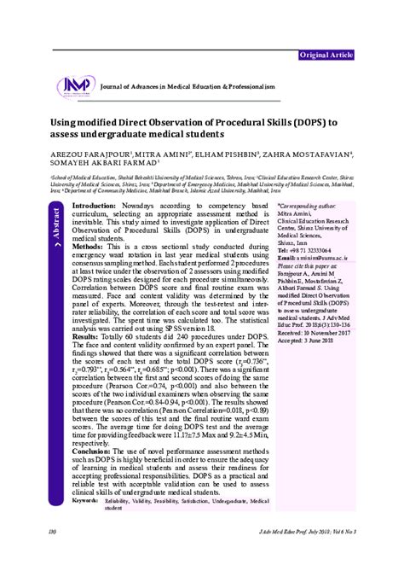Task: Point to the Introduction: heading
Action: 94,207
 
